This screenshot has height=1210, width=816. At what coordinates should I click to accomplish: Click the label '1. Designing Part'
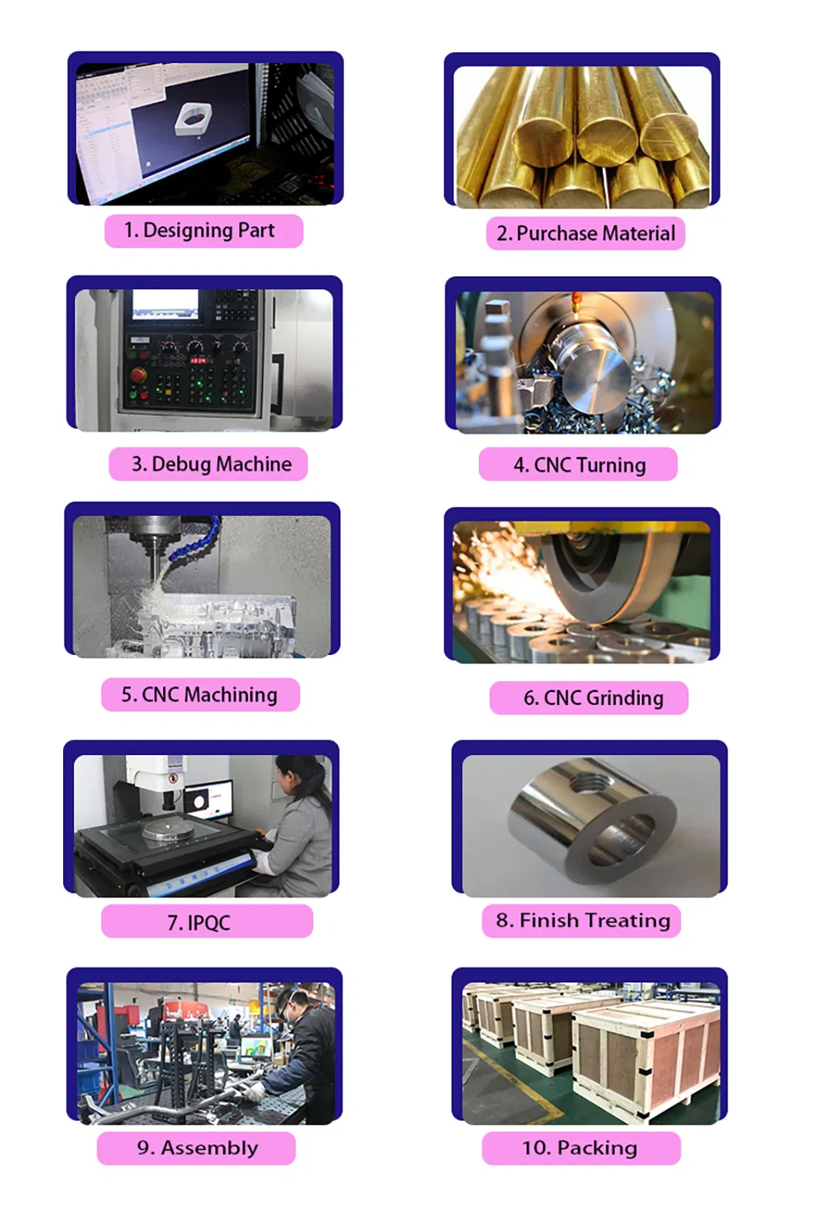(203, 230)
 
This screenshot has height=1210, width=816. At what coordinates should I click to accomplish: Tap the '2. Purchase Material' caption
(585, 233)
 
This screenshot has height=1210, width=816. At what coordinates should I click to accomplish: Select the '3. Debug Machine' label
(209, 464)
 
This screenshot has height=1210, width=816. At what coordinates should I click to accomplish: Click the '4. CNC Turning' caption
(578, 465)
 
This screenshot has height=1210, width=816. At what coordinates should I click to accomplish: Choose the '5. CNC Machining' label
(200, 694)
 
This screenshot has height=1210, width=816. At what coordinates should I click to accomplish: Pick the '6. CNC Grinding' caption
(589, 698)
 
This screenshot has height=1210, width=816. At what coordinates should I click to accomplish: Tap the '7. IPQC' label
(206, 921)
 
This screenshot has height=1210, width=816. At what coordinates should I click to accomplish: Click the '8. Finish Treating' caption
(582, 921)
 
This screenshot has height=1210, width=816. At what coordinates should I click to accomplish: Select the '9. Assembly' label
(196, 1148)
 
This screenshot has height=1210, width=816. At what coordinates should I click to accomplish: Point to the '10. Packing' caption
(581, 1148)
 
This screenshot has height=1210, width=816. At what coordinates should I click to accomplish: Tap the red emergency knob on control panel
(139, 376)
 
